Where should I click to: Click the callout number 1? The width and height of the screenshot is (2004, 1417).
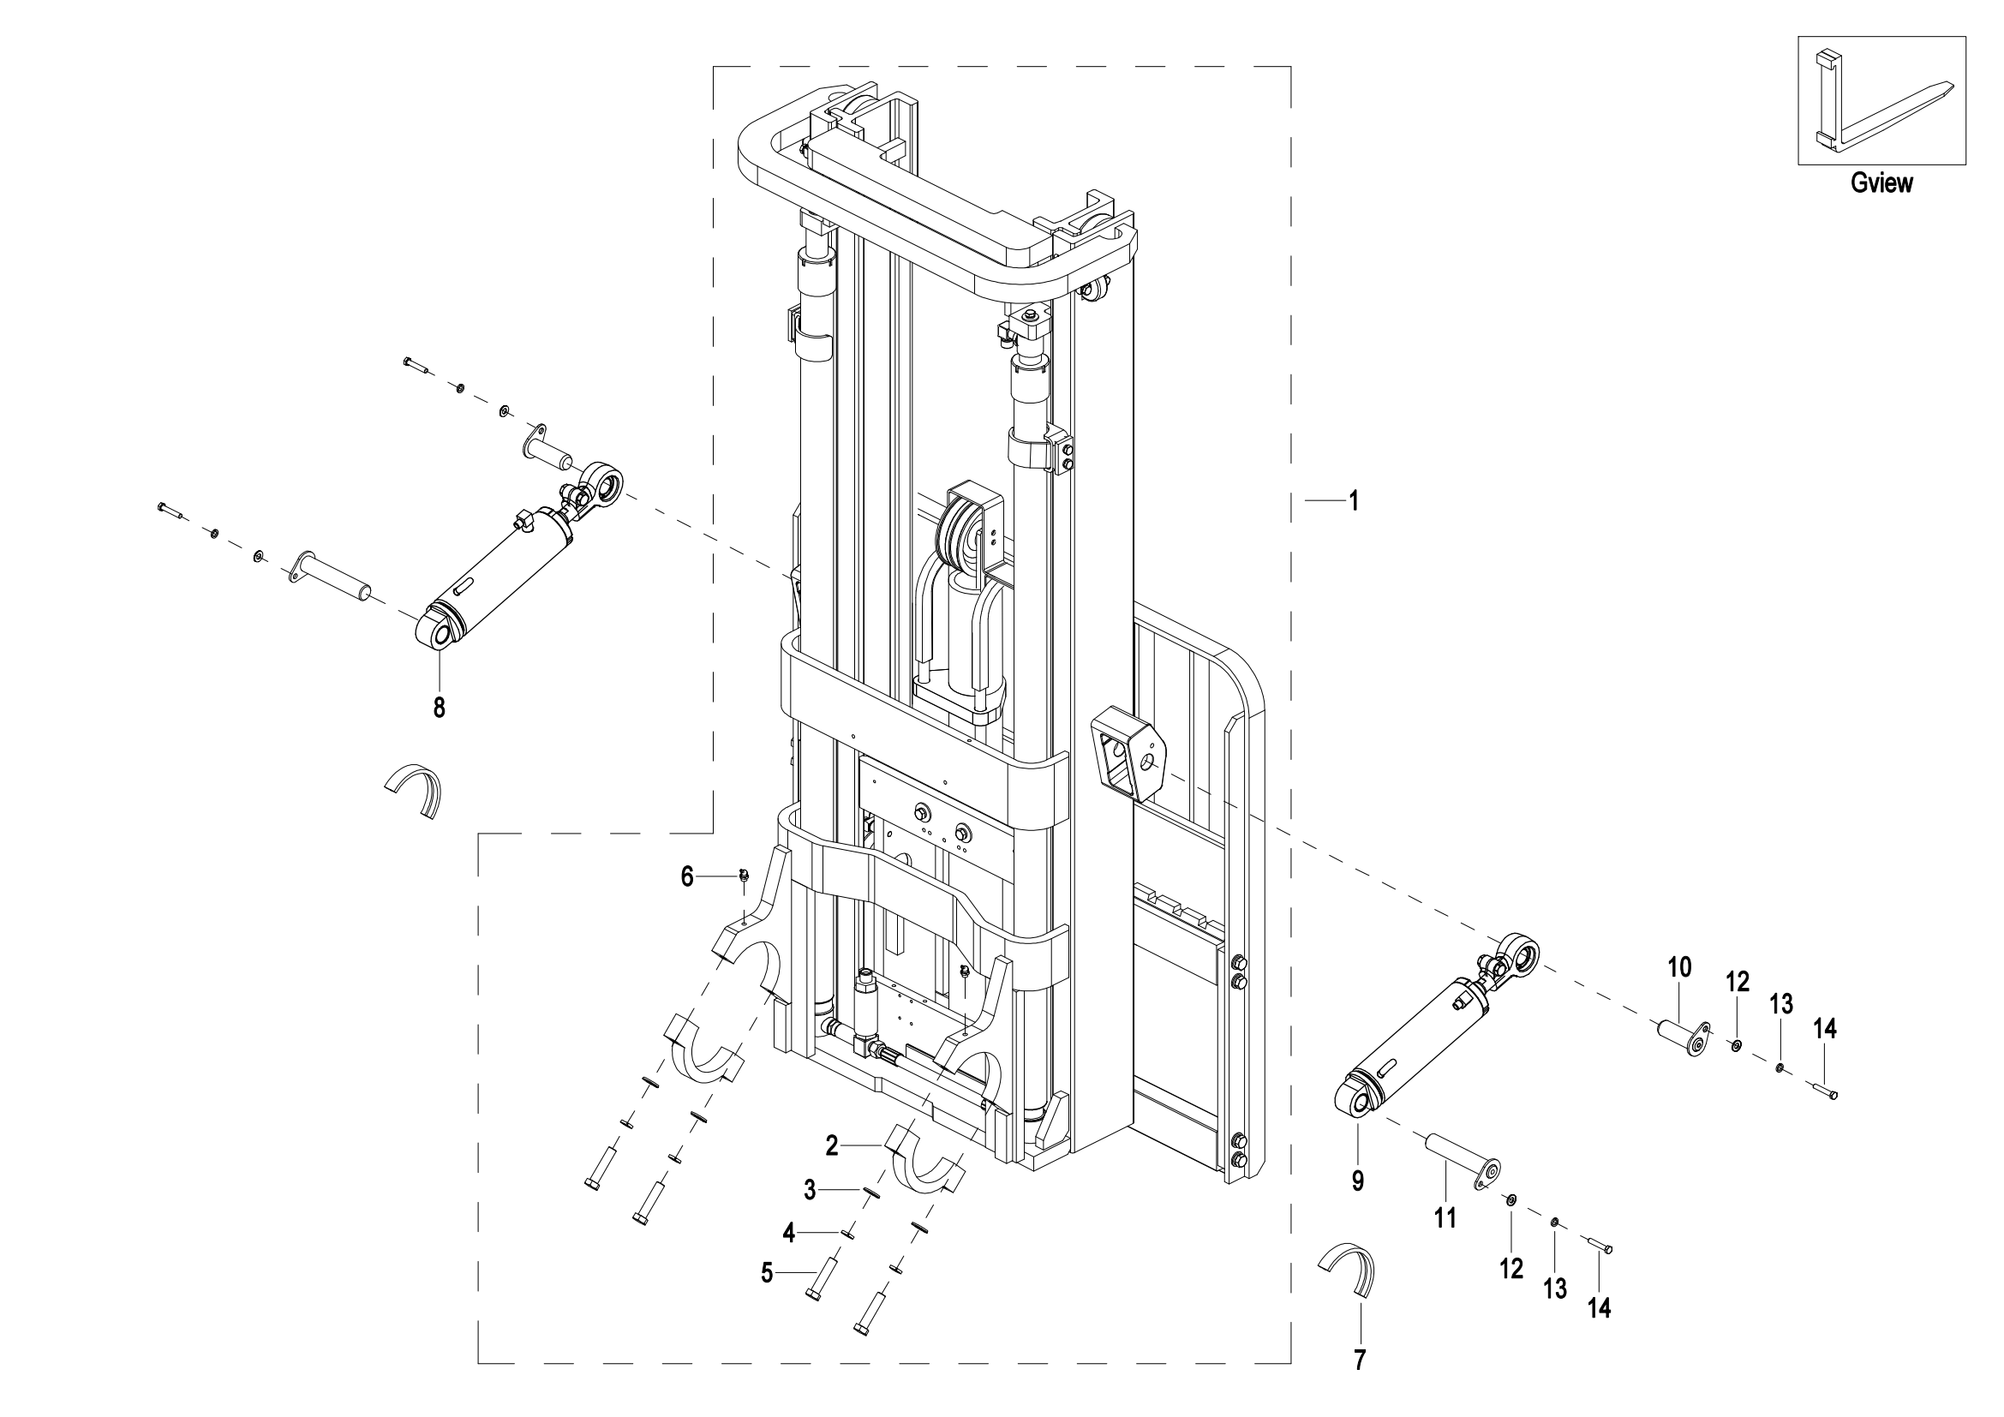pos(1354,501)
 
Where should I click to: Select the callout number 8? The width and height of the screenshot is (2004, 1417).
pos(439,708)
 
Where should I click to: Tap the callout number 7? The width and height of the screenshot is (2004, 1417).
pos(1359,1360)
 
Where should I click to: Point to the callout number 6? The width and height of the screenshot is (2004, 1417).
pos(687,877)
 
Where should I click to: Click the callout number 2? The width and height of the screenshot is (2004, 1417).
pos(832,1145)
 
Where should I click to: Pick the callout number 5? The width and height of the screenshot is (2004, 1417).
pos(766,1274)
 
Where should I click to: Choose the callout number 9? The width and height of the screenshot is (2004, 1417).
pos(1358,1181)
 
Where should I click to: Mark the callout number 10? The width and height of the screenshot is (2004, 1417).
pos(1679,967)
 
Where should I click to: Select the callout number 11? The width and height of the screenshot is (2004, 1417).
pos(1445,1218)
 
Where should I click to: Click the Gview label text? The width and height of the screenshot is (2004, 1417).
pos(1881,182)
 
